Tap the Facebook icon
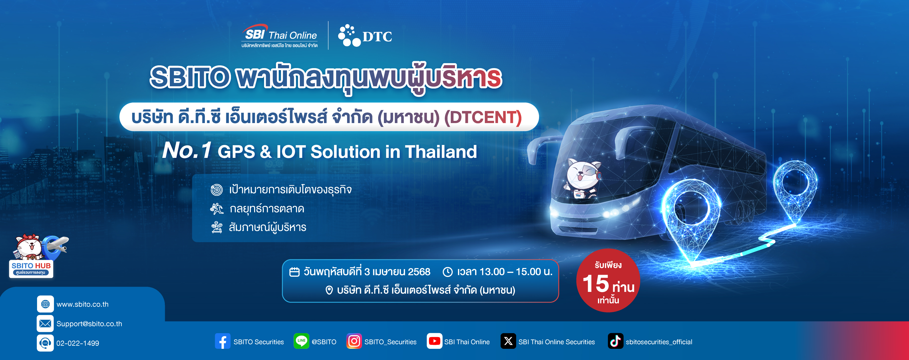click(223, 341)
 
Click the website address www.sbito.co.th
click(83, 304)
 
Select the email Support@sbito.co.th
click(89, 324)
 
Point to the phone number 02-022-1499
click(78, 343)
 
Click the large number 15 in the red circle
click(596, 283)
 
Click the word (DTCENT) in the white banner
click(483, 118)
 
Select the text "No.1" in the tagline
click(187, 150)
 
